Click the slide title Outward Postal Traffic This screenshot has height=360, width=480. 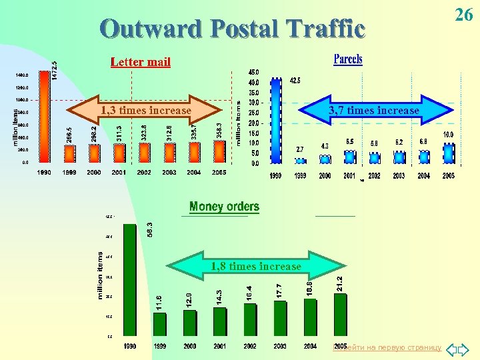[233, 29]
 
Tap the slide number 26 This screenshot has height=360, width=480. [463, 15]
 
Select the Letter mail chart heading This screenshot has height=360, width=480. [140, 62]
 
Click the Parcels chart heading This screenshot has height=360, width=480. [348, 59]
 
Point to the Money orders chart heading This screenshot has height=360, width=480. [224, 207]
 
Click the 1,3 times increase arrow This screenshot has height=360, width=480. [145, 111]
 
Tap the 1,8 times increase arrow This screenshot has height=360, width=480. [256, 267]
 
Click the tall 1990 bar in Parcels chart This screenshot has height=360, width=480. [276, 121]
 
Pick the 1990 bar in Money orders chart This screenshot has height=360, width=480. [131, 279]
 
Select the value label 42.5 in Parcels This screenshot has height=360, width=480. [295, 81]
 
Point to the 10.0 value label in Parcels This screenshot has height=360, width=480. [448, 135]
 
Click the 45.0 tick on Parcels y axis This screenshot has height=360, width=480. [254, 72]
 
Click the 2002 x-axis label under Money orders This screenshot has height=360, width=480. [249, 346]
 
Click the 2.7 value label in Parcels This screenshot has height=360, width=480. [300, 149]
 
